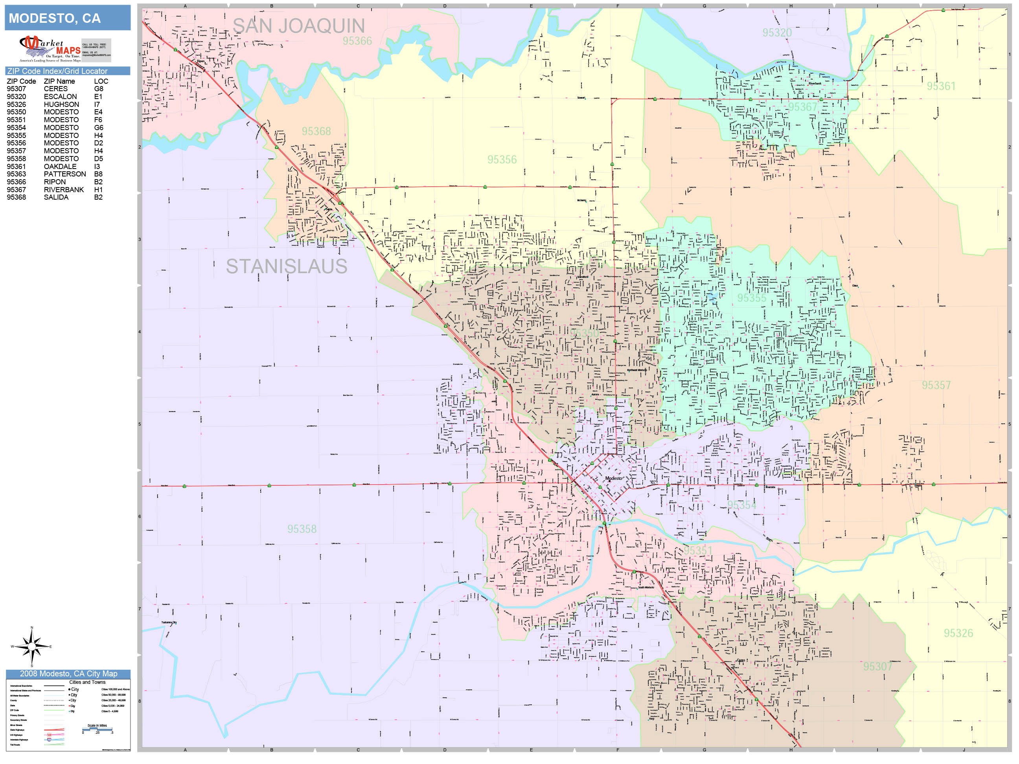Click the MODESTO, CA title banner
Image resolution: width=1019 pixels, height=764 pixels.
[67, 18]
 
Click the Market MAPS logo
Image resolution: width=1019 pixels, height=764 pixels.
[50, 49]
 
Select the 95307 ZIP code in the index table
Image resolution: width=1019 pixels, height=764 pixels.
[16, 89]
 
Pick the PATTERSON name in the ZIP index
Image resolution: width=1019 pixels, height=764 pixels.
[64, 174]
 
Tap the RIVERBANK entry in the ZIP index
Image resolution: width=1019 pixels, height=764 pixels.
[64, 190]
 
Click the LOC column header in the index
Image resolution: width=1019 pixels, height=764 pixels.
[101, 81]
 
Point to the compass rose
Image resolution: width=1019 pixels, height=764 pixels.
[31, 646]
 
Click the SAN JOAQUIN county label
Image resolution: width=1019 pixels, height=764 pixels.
[298, 26]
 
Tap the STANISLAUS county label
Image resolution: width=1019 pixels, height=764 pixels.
[286, 266]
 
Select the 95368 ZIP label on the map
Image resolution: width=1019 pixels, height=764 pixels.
[316, 131]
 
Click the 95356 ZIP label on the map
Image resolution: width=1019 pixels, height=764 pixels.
[502, 159]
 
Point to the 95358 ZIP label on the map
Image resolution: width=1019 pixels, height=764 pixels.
[302, 529]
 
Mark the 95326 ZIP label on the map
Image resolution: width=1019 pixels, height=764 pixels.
[958, 633]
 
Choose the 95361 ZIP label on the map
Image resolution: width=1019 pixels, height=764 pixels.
[941, 86]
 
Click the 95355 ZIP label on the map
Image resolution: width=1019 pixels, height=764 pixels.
[751, 298]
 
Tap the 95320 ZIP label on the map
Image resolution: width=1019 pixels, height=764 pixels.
[777, 33]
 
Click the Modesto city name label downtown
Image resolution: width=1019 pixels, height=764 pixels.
[613, 478]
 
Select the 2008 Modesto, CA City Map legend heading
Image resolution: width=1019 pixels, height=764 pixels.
[68, 673]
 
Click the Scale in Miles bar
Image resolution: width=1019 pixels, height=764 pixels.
[97, 729]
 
